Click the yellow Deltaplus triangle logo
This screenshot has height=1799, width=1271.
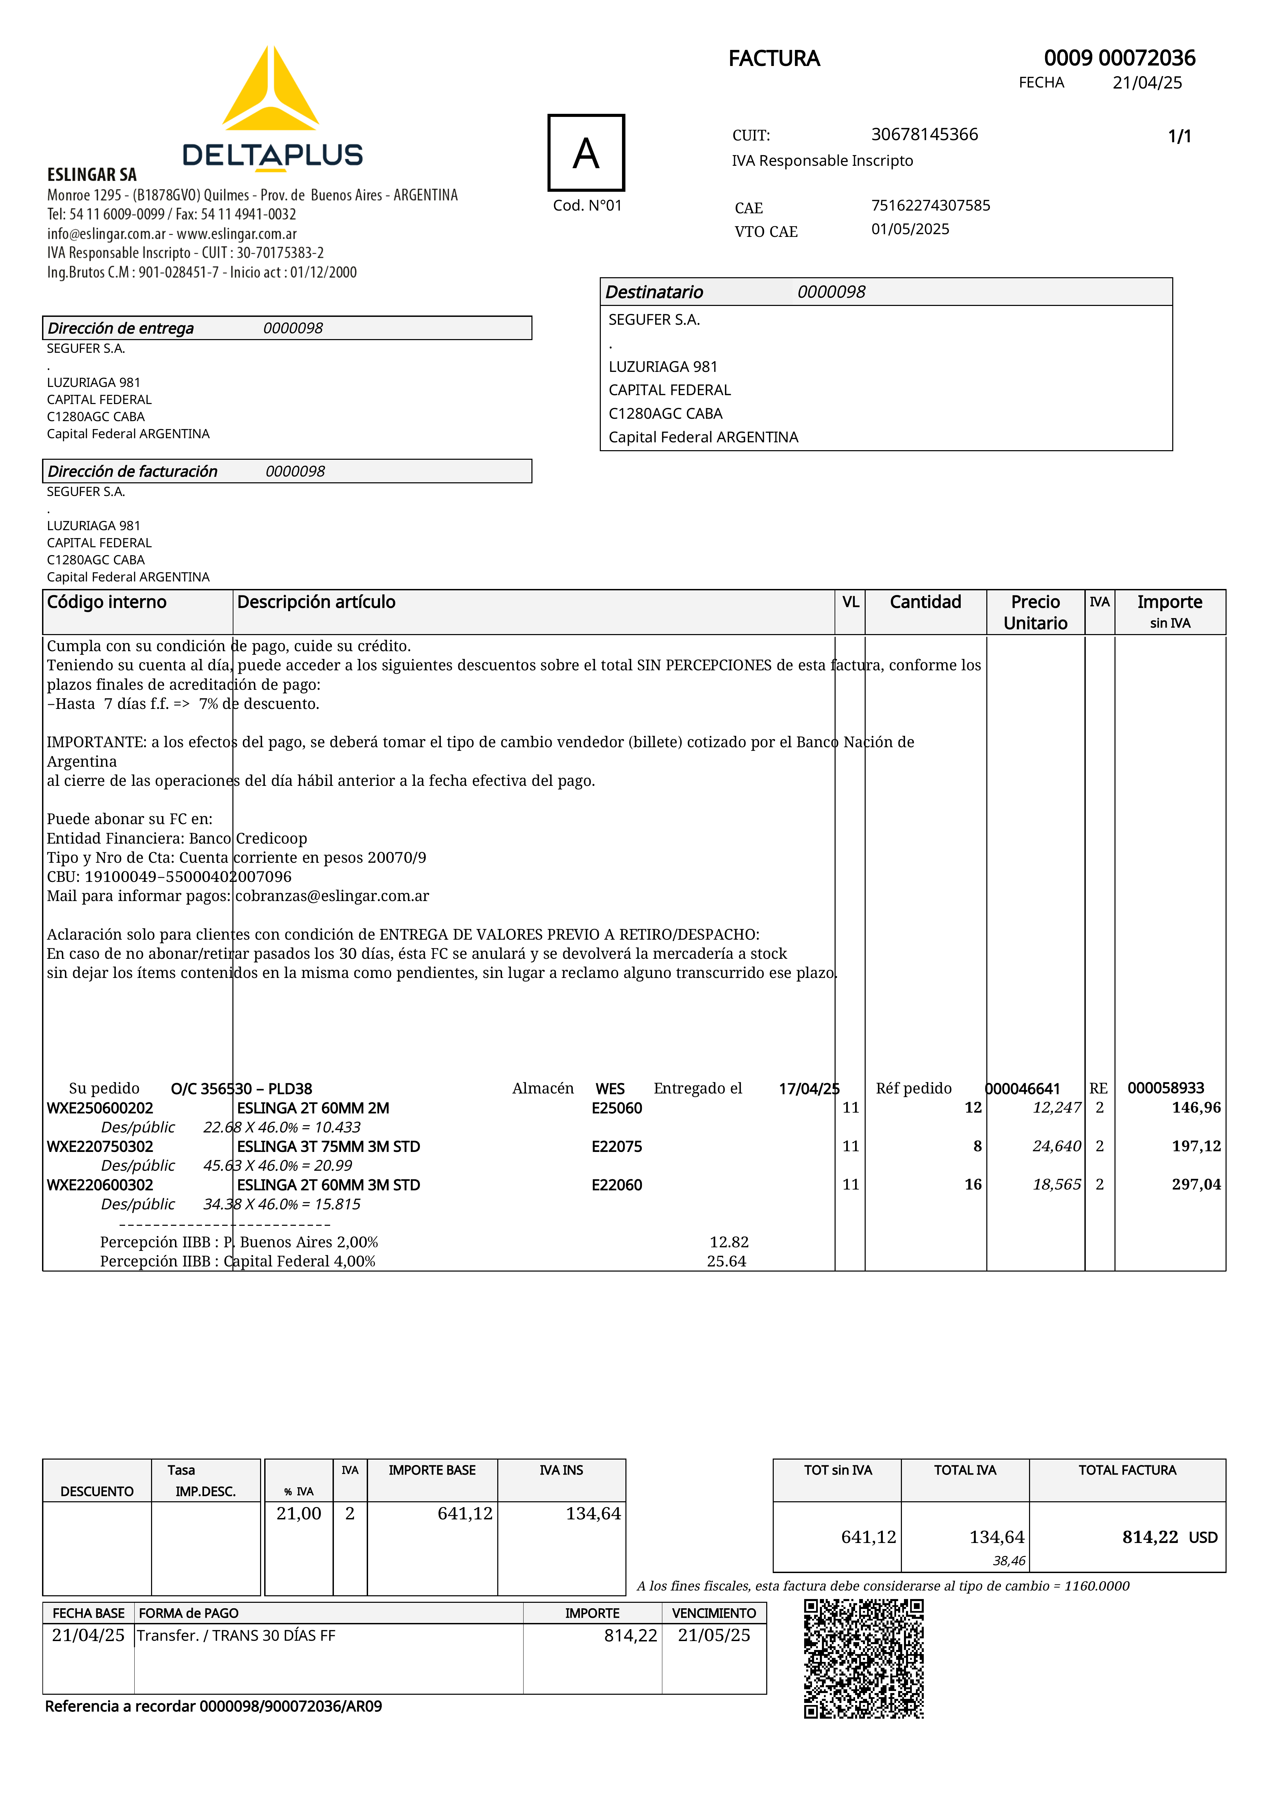point(270,90)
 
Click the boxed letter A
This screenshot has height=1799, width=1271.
point(586,153)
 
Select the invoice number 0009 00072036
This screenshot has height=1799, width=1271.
point(1119,58)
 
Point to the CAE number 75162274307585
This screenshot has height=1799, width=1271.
point(930,205)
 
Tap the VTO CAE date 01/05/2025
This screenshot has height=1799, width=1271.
point(910,229)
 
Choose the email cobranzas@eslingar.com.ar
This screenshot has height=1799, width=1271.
point(332,896)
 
